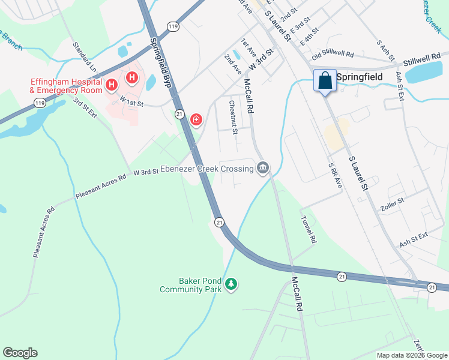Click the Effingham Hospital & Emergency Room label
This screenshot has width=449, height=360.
[x=66, y=86]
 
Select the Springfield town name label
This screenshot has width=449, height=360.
[x=359, y=77]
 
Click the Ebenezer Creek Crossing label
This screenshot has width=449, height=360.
[x=207, y=169]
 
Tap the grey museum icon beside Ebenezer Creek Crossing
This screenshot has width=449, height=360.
[x=262, y=168]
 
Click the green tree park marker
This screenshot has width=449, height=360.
[x=231, y=283]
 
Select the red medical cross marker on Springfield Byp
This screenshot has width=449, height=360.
[x=196, y=120]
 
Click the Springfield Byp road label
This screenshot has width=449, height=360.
[x=160, y=63]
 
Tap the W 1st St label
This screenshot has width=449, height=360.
[x=131, y=100]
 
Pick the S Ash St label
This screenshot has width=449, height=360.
[x=385, y=51]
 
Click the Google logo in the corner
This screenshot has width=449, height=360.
[x=20, y=353]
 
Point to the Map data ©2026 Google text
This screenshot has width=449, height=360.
[x=411, y=355]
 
